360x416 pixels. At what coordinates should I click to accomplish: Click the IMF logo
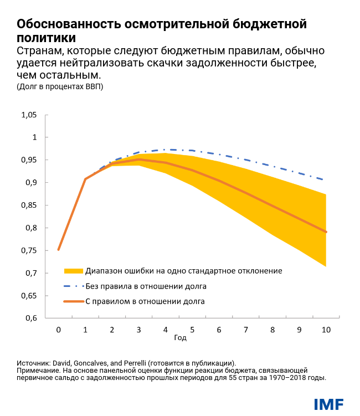(x=328, y=403)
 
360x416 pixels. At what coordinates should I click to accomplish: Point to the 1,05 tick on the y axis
(x=28, y=115)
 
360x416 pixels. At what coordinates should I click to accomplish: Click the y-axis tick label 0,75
(x=28, y=250)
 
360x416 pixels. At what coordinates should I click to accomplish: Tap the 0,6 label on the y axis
(x=31, y=318)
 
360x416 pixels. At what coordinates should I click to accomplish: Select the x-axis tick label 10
(x=326, y=330)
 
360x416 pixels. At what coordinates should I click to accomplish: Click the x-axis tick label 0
(x=58, y=330)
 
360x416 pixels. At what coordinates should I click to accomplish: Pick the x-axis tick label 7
(x=246, y=330)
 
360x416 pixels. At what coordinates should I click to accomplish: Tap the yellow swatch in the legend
(x=73, y=271)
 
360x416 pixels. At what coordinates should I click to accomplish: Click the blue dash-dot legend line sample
(x=73, y=286)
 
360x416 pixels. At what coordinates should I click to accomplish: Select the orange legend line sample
(x=73, y=301)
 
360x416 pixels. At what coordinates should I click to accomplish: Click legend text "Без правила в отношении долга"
(x=146, y=286)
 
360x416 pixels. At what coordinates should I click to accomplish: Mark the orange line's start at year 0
(x=58, y=250)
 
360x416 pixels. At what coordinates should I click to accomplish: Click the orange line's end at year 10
(x=326, y=232)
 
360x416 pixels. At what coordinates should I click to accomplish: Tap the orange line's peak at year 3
(x=139, y=159)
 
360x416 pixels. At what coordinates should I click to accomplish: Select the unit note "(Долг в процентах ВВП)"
(x=60, y=86)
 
